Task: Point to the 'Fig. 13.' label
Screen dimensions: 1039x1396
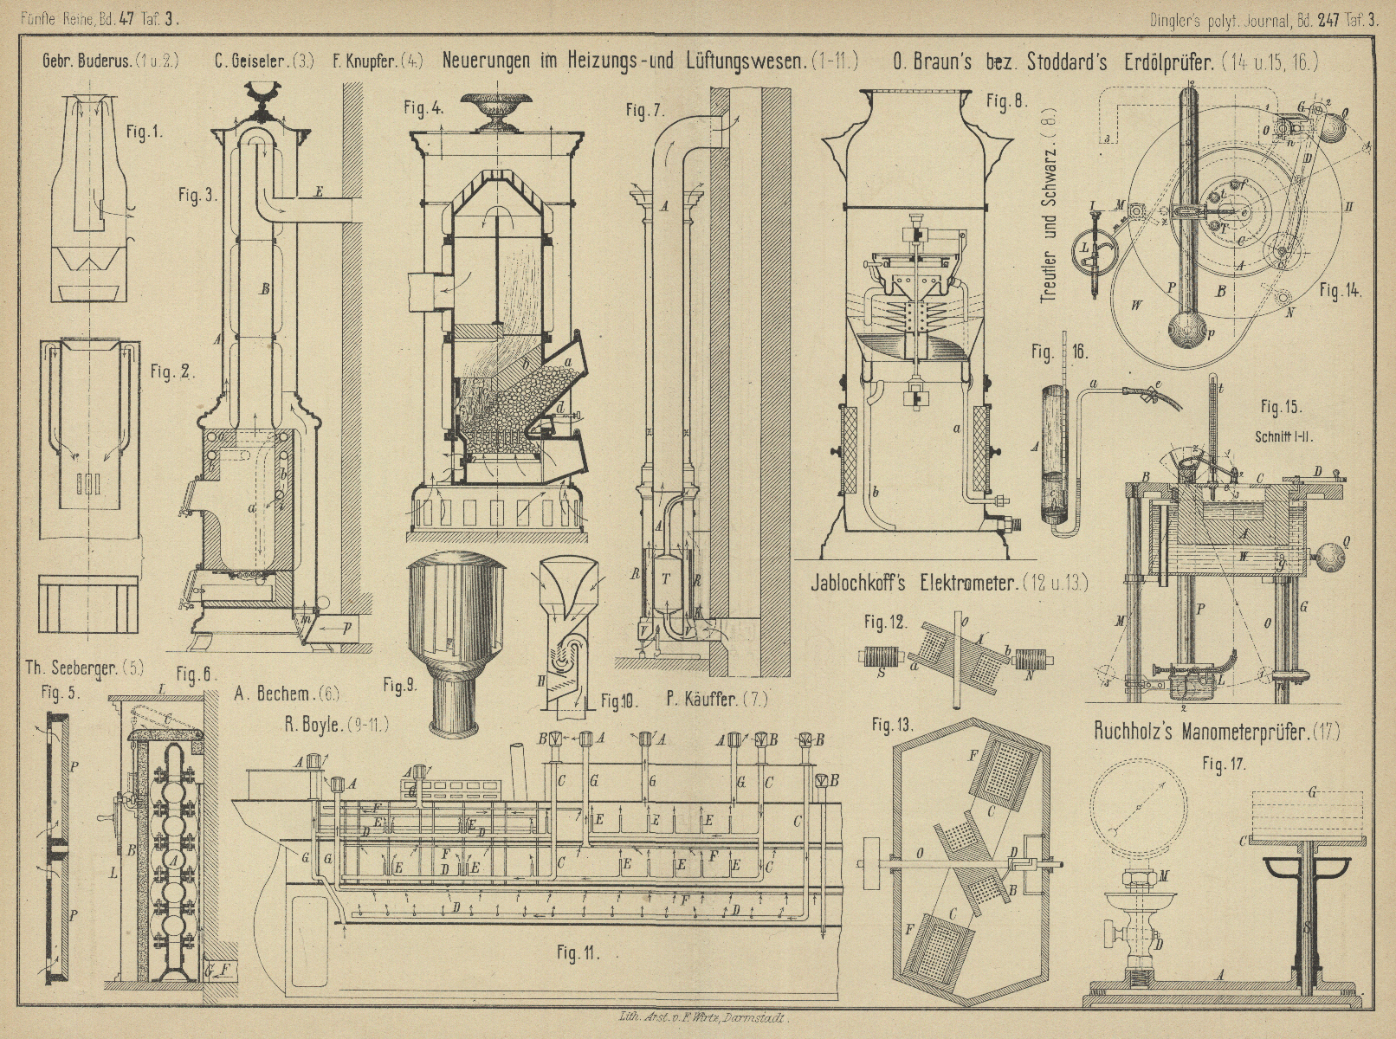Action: coord(892,725)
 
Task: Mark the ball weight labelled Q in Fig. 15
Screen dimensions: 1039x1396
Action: coord(1323,550)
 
